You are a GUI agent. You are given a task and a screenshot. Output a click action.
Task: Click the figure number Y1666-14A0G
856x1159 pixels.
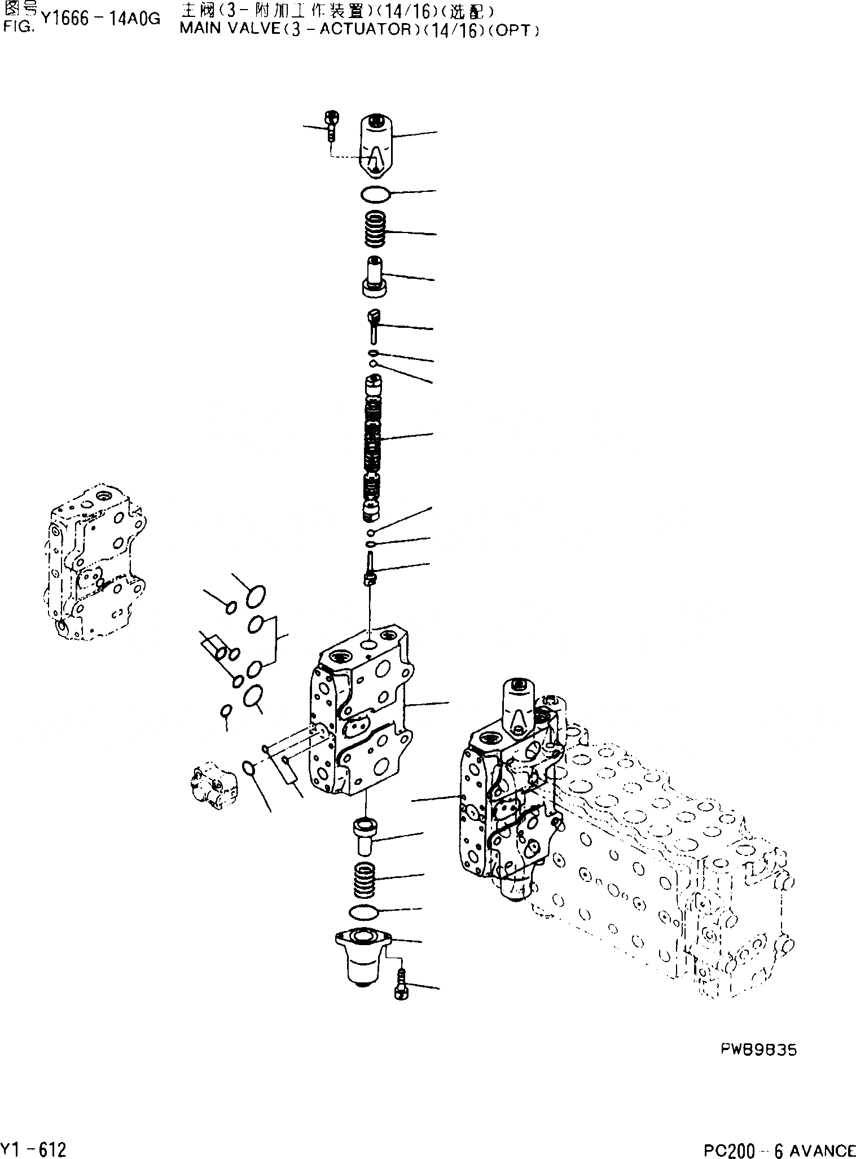(x=100, y=20)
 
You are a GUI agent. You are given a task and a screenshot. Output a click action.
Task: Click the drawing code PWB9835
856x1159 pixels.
(x=758, y=1050)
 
